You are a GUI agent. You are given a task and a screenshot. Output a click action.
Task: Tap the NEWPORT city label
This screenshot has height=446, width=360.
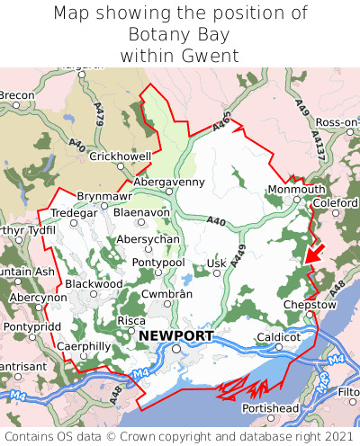click(x=176, y=335)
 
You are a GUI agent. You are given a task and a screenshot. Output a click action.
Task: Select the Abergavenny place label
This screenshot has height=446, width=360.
click(x=169, y=181)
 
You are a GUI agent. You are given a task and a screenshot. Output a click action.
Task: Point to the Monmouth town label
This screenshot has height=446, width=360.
click(x=296, y=190)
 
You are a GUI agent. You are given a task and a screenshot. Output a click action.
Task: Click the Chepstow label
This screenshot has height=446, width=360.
click(x=308, y=305)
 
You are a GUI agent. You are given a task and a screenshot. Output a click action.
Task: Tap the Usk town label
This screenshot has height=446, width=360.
click(x=216, y=263)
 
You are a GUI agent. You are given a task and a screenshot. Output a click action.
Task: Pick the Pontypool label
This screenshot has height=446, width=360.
click(x=157, y=262)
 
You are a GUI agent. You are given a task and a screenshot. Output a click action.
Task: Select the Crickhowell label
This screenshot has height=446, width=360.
click(x=120, y=156)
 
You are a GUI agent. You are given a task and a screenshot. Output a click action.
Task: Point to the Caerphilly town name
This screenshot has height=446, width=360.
click(x=83, y=345)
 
